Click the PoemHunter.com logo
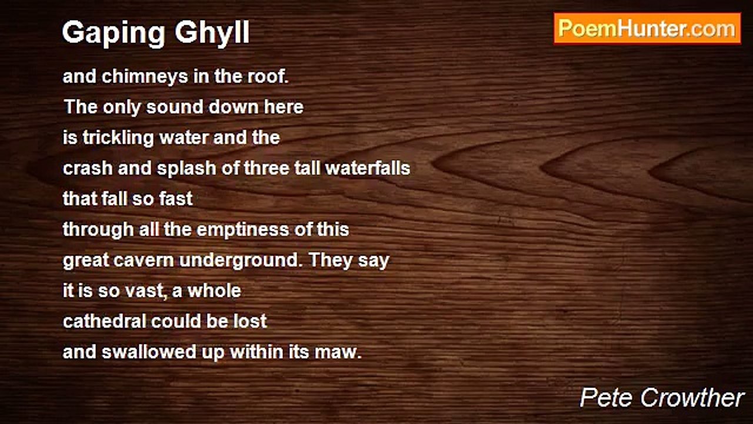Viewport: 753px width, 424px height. tap(647, 28)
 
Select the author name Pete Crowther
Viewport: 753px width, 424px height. tap(662, 398)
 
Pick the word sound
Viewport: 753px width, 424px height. tap(172, 107)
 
